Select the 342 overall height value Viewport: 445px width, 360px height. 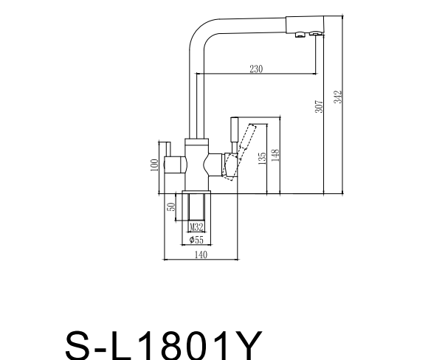(x=339, y=97)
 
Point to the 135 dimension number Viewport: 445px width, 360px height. (x=262, y=159)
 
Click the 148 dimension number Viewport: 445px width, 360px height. (x=275, y=156)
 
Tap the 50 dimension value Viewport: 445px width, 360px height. (x=170, y=207)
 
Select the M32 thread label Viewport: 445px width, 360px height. (x=196, y=227)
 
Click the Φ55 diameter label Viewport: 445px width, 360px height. (x=196, y=240)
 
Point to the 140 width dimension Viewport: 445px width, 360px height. (x=199, y=255)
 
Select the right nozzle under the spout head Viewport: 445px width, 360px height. (x=316, y=34)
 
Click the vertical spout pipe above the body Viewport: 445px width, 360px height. (x=196, y=96)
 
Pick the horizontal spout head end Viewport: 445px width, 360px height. (x=306, y=24)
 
